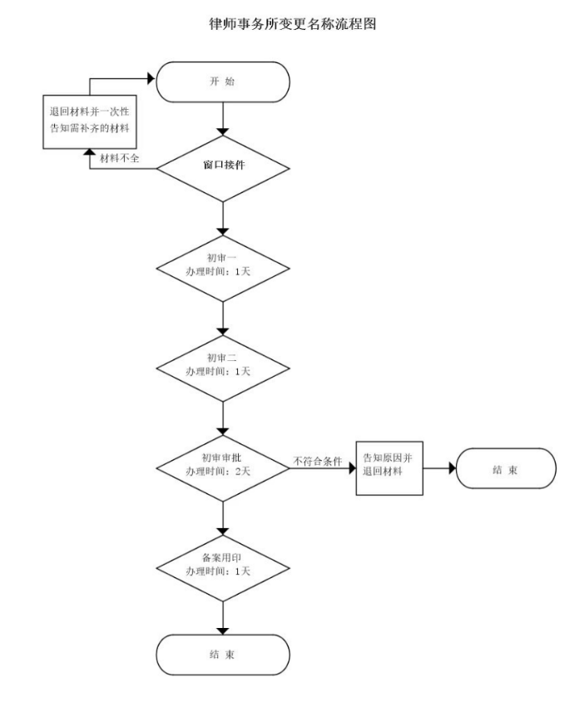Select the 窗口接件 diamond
click(x=223, y=167)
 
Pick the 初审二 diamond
click(x=223, y=367)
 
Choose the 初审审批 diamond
click(x=223, y=467)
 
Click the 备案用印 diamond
click(x=223, y=567)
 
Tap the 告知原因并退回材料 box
click(x=389, y=467)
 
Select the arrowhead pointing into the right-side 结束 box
click(x=453, y=467)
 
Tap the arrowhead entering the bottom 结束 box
click(x=223, y=630)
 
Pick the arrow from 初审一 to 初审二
click(x=223, y=318)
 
